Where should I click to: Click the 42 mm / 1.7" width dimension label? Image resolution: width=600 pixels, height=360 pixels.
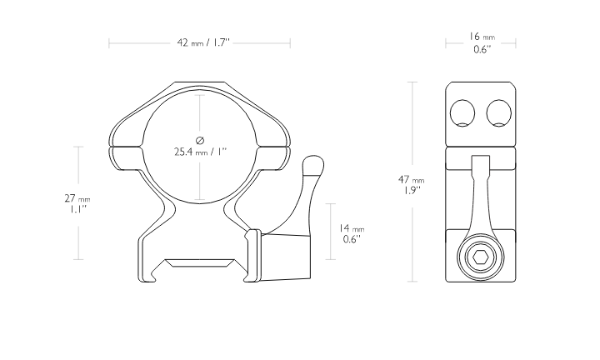[202, 42]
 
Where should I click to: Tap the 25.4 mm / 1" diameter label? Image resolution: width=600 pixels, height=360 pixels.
[200, 152]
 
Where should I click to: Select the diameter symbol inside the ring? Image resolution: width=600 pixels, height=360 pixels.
[200, 140]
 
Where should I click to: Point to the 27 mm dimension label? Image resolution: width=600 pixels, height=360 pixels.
[77, 198]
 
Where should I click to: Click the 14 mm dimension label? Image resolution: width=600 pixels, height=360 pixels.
[352, 228]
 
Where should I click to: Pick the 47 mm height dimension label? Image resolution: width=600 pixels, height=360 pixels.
[412, 179]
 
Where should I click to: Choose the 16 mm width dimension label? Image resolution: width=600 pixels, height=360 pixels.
[482, 37]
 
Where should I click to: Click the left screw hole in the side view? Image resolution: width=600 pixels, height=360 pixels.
[462, 113]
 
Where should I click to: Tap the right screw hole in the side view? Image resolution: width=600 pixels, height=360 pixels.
[498, 113]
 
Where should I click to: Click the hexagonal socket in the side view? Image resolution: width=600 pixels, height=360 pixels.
[481, 257]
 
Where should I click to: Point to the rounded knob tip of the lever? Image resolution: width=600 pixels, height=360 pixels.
[313, 164]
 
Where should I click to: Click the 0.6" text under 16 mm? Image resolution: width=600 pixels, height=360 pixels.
[482, 49]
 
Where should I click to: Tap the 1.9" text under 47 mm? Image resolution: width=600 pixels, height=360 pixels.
[411, 191]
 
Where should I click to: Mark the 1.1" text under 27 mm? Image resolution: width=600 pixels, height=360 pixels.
[77, 209]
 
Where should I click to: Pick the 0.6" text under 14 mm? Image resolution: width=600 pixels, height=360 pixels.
[352, 239]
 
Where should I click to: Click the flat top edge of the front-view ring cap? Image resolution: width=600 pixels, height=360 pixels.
[200, 82]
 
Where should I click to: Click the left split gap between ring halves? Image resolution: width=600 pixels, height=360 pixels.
[126, 146]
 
